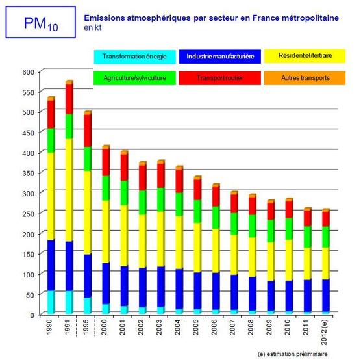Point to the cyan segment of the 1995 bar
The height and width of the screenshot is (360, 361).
87,306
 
